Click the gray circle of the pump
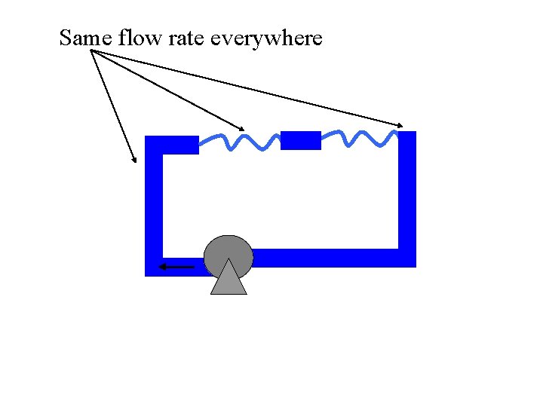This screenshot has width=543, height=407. tap(229, 254)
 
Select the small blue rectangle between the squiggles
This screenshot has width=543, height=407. tap(300, 140)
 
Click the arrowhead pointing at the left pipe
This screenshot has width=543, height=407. tap(135, 160)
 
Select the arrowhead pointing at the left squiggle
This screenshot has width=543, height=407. tap(241, 127)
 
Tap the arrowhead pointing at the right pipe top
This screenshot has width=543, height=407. tap(401, 124)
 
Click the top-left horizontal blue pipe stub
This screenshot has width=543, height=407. tap(179, 145)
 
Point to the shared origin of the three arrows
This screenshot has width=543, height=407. tap(91, 50)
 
